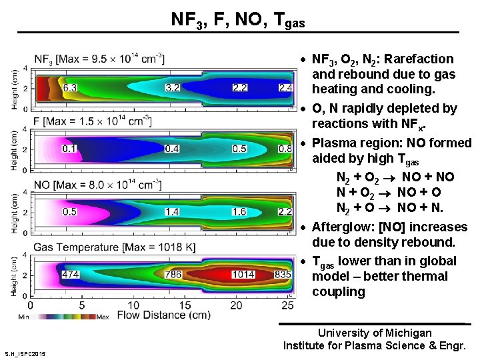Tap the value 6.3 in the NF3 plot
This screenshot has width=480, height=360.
(70, 87)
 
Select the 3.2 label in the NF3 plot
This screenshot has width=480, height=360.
(173, 87)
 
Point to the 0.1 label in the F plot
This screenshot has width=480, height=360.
(69, 148)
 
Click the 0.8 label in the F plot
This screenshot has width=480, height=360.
(285, 148)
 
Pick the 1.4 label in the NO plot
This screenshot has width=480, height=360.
(172, 211)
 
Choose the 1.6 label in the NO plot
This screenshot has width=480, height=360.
(240, 211)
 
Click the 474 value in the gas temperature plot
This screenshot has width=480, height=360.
(70, 274)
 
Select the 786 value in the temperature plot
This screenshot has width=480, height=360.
(173, 274)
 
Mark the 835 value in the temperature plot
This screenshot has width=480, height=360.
(283, 274)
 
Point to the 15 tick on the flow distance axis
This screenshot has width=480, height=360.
(186, 305)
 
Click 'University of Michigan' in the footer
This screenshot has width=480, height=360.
(374, 333)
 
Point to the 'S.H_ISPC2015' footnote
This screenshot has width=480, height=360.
(25, 353)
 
